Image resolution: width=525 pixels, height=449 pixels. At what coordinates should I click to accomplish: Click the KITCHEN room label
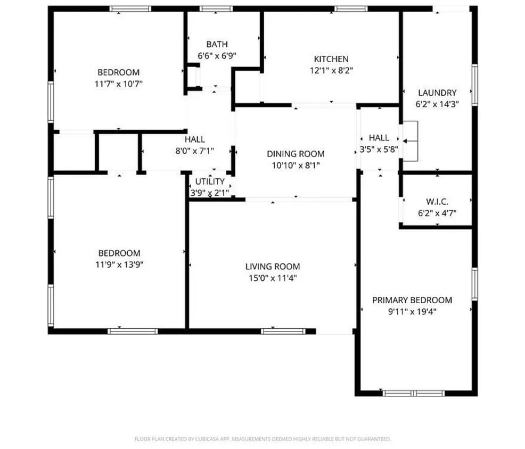(331, 59)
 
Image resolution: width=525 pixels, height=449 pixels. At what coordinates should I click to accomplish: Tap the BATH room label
(217, 44)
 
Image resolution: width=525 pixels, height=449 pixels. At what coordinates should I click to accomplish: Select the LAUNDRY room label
(437, 93)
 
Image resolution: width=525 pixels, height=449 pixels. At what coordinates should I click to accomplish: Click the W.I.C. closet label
(437, 202)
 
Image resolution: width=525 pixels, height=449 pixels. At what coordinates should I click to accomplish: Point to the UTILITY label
(210, 182)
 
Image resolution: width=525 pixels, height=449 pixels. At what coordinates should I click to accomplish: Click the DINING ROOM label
(296, 154)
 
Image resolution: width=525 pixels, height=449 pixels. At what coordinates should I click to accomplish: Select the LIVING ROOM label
(272, 267)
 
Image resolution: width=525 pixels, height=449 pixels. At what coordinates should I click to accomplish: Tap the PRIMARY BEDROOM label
(412, 300)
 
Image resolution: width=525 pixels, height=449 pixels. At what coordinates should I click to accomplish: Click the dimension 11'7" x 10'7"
(118, 84)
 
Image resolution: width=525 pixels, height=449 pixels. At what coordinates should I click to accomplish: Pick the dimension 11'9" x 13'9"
(119, 264)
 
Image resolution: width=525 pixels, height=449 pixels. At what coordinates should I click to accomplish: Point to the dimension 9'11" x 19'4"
(412, 311)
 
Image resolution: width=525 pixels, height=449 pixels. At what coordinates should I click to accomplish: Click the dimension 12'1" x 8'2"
(331, 70)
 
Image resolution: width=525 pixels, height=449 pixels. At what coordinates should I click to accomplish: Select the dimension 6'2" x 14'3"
(437, 104)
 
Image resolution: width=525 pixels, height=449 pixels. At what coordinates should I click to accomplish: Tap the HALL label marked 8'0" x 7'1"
(194, 139)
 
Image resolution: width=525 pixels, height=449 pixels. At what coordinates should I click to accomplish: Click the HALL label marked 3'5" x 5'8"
(379, 138)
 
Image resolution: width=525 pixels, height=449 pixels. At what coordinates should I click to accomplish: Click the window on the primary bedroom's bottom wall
(414, 394)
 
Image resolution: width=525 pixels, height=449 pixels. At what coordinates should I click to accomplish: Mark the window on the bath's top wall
(216, 9)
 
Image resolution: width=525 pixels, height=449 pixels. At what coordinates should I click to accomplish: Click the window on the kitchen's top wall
(351, 9)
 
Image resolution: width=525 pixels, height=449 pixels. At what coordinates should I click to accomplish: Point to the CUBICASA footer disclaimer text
(262, 439)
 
